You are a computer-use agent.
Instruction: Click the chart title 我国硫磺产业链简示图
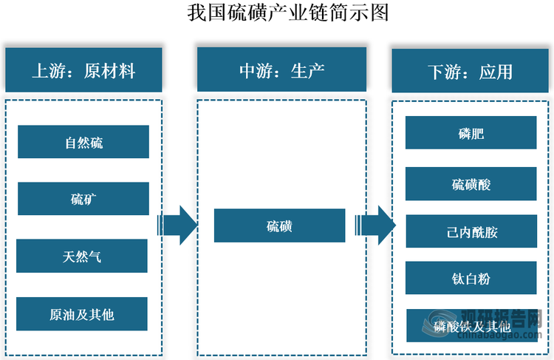tap(276, 13)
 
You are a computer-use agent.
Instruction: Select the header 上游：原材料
tap(83, 70)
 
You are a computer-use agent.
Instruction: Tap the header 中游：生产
tap(281, 70)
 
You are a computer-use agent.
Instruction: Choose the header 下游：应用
tap(470, 72)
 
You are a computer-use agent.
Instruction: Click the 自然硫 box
tap(83, 142)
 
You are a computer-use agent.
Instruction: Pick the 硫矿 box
tap(83, 199)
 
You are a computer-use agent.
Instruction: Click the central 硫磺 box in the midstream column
tap(279, 225)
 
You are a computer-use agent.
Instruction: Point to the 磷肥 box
tap(471, 133)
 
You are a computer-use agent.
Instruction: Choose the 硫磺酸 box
tap(471, 184)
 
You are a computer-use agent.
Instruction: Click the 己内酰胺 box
tap(471, 231)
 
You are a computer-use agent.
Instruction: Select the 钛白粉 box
tap(471, 279)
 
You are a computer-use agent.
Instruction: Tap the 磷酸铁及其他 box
tap(471, 325)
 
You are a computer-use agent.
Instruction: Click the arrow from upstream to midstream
tap(177, 225)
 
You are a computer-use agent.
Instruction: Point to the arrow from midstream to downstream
tap(375, 225)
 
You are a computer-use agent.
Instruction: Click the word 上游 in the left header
tap(47, 70)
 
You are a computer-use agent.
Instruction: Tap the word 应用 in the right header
tap(496, 72)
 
